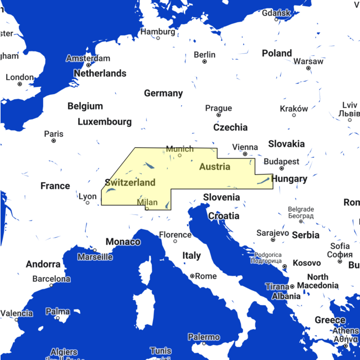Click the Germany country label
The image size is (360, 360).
tap(163, 93)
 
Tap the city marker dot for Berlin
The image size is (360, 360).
tap(204, 61)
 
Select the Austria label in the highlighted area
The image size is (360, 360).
tap(215, 167)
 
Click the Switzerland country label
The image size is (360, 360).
tap(130, 182)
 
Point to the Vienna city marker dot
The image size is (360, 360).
tap(245, 154)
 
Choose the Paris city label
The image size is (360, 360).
tap(54, 133)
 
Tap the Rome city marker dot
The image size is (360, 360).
tap(192, 276)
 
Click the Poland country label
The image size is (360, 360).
tap(277, 53)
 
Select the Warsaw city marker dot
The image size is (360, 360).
tap(308, 68)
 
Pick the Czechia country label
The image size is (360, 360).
tap(230, 127)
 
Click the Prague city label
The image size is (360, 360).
tap(219, 108)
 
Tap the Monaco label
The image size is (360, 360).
tap(123, 241)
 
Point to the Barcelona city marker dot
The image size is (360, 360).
tap(52, 285)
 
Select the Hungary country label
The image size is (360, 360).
tap(289, 178)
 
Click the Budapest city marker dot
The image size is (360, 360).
tap(281, 168)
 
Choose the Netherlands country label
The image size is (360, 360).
tap(100, 73)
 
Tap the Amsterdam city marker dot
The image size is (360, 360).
tap(88, 65)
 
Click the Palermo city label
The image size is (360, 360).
tap(203, 337)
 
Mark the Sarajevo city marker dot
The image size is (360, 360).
tap(273, 240)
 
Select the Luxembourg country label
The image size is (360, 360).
tap(105, 121)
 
